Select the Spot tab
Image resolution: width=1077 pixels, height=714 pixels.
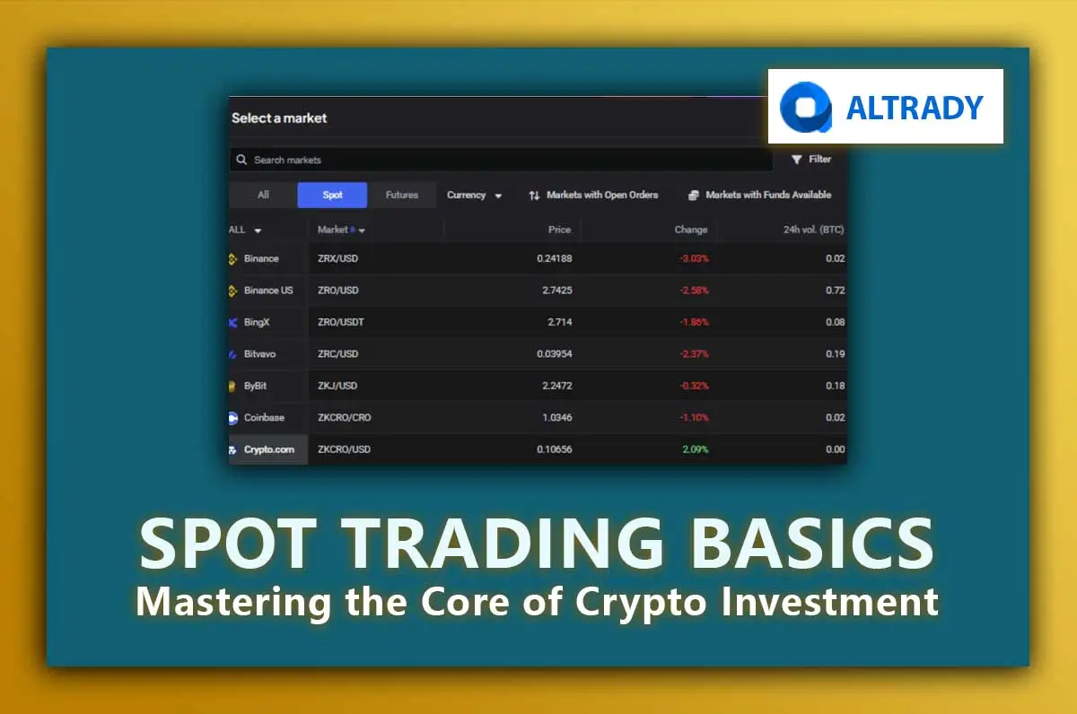tap(332, 195)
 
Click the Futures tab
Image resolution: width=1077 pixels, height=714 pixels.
tap(401, 195)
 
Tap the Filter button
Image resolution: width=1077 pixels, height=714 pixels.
tap(811, 159)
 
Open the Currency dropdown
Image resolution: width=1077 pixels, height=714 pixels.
tap(474, 195)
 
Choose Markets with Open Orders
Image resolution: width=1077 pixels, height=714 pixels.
tap(593, 195)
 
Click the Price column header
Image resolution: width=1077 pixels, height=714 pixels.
tap(559, 230)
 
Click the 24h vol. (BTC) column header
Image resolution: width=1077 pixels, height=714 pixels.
tap(813, 230)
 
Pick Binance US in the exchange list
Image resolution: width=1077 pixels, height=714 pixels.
tap(267, 291)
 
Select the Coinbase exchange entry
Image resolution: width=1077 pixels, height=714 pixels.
tap(263, 417)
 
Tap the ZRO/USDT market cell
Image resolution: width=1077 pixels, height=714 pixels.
tap(340, 322)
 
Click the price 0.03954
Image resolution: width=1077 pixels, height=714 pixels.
tap(554, 354)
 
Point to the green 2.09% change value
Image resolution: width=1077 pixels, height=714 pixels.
tap(694, 449)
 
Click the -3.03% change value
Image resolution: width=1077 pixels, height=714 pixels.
tap(693, 258)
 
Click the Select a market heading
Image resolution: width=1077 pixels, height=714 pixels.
tap(279, 118)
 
